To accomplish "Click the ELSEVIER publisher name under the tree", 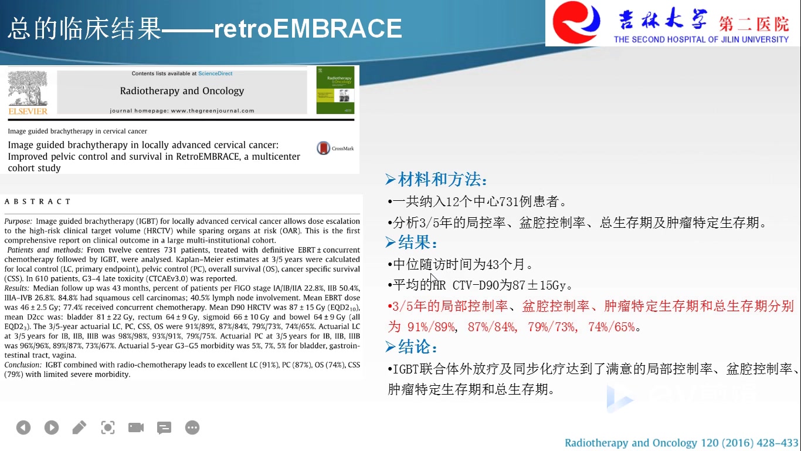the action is tap(28, 112).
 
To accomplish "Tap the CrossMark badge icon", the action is tap(323, 148).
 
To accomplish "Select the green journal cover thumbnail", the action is tap(335, 90).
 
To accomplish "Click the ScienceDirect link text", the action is tap(215, 73).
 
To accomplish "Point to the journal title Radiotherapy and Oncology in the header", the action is tap(182, 91).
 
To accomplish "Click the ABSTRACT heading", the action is tap(38, 201).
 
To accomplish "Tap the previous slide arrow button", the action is tap(23, 428).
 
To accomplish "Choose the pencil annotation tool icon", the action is tap(79, 428).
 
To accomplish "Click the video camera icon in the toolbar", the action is tap(136, 428).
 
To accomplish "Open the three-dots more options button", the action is tap(192, 428).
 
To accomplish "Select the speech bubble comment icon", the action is tap(164, 428).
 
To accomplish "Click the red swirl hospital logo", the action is tap(576, 22).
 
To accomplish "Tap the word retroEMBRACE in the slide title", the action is tap(308, 28).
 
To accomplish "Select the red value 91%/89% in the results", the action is tap(431, 327).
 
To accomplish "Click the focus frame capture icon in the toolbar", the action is tap(108, 428).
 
